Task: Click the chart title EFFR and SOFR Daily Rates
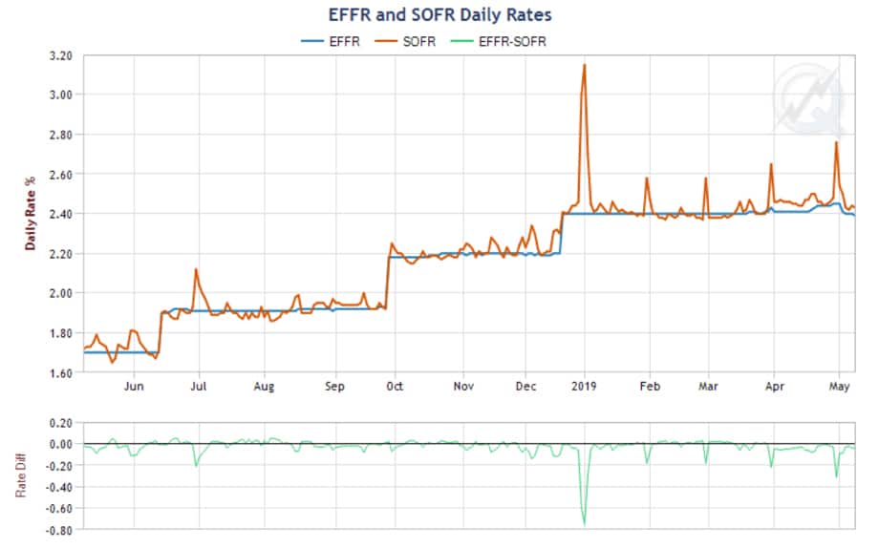(439, 15)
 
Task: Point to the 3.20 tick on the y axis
(59, 55)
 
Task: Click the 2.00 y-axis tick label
(59, 293)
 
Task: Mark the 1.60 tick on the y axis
(59, 372)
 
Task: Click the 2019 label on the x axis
(583, 387)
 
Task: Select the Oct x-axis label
(393, 387)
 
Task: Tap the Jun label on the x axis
(134, 387)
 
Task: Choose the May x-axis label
(839, 387)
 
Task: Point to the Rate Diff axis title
(21, 474)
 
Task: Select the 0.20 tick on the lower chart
(59, 422)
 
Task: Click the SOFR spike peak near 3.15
(584, 65)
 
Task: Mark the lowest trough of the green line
(584, 523)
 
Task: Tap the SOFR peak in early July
(196, 269)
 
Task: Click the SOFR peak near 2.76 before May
(836, 142)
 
